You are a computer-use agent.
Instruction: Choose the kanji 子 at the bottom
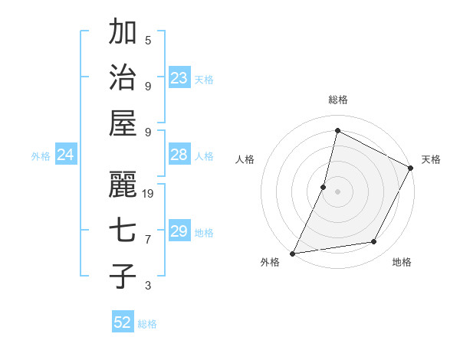coord(123,276)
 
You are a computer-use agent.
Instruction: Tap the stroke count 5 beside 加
coord(148,40)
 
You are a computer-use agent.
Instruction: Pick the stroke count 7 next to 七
coord(148,240)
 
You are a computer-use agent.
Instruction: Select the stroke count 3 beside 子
coord(148,286)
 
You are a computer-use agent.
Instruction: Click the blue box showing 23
coord(179,78)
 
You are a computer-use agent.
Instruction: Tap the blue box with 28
coord(179,155)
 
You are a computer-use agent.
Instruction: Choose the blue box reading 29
coord(179,231)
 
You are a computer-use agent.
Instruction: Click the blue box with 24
coord(65,155)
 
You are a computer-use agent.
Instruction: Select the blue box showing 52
coord(123,322)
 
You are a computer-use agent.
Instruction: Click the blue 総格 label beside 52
coord(147,324)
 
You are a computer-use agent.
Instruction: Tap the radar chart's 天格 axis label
coord(431,159)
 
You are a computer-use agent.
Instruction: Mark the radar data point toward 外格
coord(292,253)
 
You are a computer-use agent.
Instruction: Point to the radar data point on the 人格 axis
coord(324,186)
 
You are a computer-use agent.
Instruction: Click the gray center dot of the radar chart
coord(337,191)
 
